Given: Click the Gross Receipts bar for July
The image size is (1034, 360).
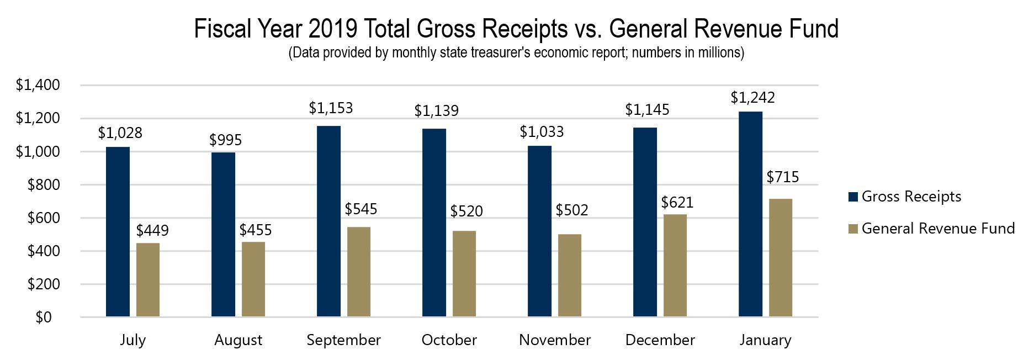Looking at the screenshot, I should (118, 232).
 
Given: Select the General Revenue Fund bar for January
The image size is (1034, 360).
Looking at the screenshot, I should (780, 258).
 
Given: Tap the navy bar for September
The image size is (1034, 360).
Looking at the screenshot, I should (328, 221).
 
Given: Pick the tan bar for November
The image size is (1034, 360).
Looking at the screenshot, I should (569, 276).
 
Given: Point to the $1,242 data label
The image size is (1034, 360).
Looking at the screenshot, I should (752, 98).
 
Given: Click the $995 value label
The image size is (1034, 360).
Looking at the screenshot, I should (225, 140).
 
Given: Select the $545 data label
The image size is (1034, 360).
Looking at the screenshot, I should (360, 209).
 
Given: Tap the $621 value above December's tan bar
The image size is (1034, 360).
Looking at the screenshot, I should (677, 202).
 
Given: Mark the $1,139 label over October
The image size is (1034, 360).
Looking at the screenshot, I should (436, 111).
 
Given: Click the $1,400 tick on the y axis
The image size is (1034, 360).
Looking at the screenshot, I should (38, 85).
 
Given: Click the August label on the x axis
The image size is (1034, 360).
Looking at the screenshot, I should (238, 340).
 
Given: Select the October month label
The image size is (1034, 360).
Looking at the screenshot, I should (449, 340).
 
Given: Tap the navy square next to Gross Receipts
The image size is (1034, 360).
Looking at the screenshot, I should (853, 197).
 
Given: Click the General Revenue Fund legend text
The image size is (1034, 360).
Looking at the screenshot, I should (938, 229).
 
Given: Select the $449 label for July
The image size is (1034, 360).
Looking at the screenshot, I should (152, 230).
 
